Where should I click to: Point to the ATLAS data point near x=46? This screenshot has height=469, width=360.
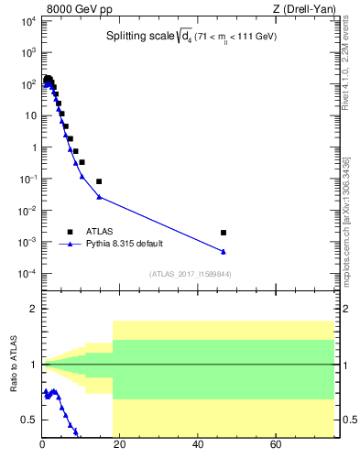coord(224,233)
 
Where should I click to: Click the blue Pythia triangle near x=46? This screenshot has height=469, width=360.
coord(224,251)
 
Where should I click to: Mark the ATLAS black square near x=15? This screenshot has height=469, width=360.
coord(99,181)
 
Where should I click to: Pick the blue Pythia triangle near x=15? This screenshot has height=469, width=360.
coord(99,196)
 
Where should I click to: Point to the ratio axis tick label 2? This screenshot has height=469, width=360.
coord(31,309)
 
